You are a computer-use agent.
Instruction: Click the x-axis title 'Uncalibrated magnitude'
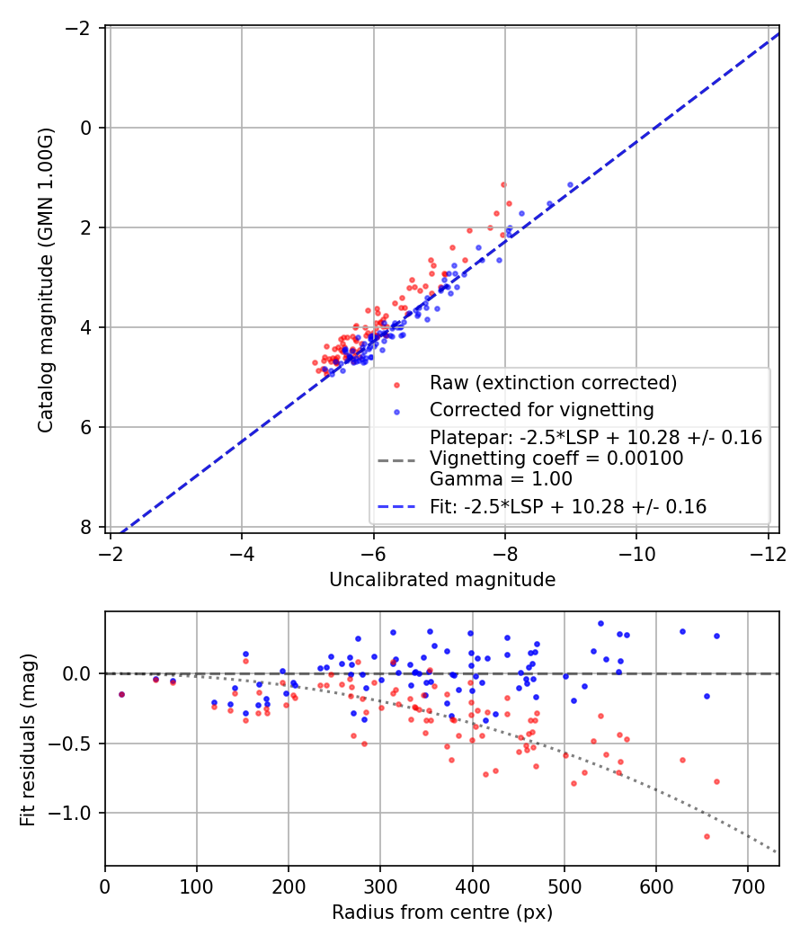coord(441,581)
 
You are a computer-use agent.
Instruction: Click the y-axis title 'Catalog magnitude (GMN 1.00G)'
coord(46,280)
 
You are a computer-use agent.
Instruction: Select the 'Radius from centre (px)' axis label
coord(441,913)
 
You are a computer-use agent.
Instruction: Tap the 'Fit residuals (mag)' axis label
coord(28,739)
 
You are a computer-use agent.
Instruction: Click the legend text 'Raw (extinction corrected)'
coord(553,382)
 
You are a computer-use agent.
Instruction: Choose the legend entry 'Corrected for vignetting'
coord(542,410)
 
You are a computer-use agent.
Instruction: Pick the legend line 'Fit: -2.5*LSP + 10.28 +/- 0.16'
coord(568,507)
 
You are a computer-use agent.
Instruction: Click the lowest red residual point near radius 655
coord(707,836)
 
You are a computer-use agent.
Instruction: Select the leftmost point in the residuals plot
coord(121,694)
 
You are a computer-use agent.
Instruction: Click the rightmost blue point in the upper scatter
coord(570,184)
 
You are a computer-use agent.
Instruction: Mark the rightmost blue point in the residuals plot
coord(716,636)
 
